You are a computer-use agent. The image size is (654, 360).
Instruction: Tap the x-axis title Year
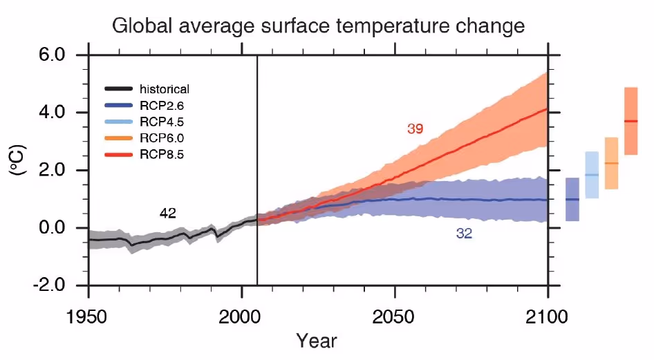pos(317,341)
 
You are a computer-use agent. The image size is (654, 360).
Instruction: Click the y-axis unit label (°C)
pos(19,170)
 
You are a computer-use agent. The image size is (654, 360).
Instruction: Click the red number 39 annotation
pos(415,129)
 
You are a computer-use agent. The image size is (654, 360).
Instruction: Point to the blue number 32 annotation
pos(464,234)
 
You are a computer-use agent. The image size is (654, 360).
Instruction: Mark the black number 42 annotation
pos(167,214)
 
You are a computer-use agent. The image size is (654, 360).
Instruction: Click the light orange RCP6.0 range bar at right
pos(611,163)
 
